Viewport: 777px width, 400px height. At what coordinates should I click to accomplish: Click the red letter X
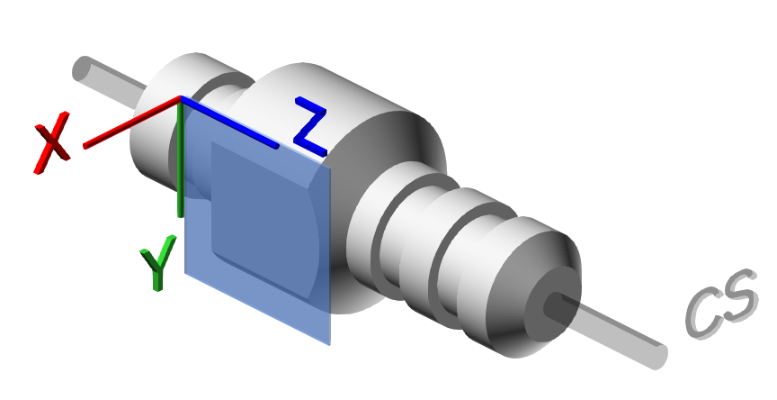[52, 143]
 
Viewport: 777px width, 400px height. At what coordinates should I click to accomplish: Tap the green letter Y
[158, 263]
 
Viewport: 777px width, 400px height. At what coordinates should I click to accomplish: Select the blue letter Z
[310, 126]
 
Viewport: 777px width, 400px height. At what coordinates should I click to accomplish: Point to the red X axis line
[132, 123]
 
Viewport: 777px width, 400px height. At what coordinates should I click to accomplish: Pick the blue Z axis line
[229, 123]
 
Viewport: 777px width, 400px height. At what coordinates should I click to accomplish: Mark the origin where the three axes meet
[181, 99]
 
